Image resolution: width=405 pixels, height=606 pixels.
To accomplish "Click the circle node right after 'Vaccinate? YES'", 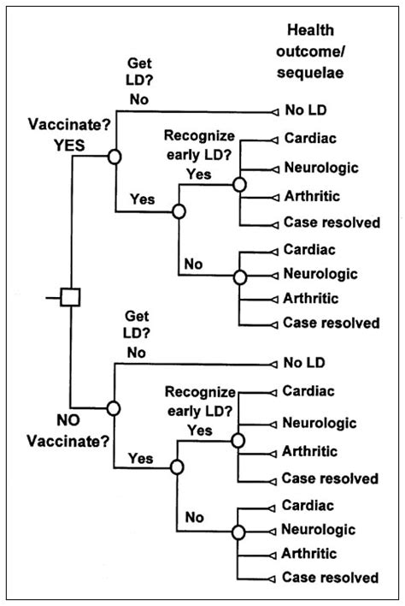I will [x=114, y=156].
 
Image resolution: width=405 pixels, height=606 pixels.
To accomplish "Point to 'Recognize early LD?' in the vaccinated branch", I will [x=199, y=146].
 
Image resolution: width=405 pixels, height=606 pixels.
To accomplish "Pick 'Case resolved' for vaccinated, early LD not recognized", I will [x=330, y=323].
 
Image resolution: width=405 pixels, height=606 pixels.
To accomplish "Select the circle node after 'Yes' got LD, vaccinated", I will [x=178, y=211].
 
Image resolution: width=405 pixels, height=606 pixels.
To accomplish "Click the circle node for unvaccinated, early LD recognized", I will [x=240, y=437].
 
